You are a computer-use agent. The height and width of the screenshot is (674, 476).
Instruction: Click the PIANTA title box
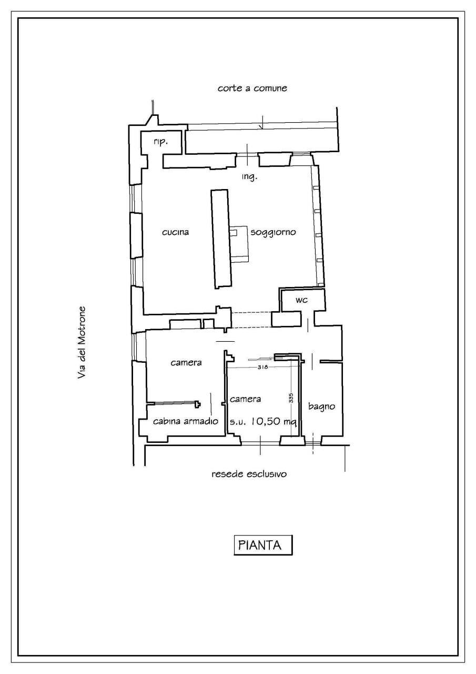262,545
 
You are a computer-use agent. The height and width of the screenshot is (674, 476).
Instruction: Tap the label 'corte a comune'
252,88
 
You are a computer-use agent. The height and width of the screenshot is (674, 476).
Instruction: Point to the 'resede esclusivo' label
249,474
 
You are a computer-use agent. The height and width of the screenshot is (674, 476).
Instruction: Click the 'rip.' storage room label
160,142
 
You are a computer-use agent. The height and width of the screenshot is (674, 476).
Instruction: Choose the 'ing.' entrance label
249,177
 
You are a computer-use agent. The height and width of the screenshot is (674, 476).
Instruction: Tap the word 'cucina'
175,232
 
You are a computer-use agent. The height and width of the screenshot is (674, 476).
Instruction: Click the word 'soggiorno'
274,232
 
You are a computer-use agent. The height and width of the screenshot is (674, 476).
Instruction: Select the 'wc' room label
301,300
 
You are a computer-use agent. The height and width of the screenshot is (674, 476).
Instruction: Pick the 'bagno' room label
322,406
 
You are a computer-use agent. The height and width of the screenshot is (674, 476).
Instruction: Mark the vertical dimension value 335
291,398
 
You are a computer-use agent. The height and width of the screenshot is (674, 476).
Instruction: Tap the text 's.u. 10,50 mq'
263,422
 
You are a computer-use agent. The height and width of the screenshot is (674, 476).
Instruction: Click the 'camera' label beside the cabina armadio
187,362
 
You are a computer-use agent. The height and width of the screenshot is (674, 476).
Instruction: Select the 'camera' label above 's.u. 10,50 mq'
245,399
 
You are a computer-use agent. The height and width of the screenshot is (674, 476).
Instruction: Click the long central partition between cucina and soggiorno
220,239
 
